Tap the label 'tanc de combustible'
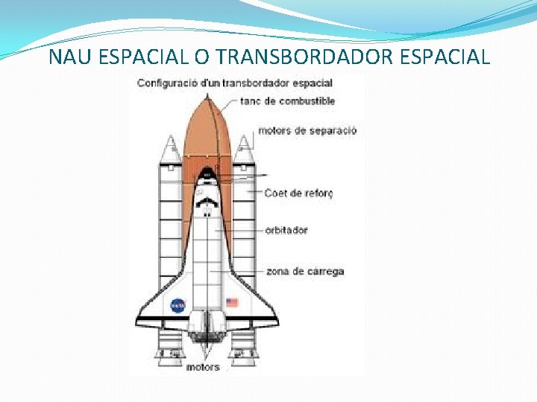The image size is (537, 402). [287, 101]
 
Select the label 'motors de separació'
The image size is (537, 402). [307, 131]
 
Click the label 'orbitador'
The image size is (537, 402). [286, 230]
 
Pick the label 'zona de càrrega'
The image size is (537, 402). [305, 271]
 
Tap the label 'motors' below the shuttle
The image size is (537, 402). [203, 367]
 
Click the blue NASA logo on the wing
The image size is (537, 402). [178, 305]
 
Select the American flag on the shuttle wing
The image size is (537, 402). [232, 303]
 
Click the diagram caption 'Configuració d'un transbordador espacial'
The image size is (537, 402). [234, 83]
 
